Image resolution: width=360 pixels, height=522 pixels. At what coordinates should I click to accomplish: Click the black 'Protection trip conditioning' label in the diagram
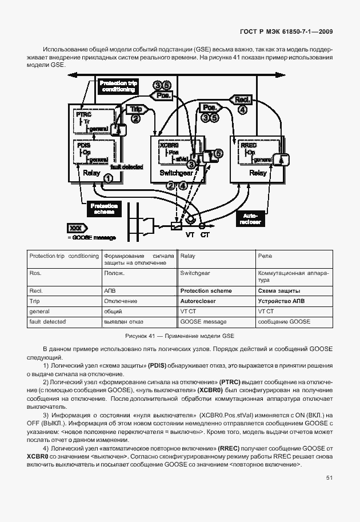[x=118, y=86]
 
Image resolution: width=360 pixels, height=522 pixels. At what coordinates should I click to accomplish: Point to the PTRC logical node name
[x=84, y=115]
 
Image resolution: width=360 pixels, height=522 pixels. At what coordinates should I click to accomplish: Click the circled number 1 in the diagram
[x=107, y=178]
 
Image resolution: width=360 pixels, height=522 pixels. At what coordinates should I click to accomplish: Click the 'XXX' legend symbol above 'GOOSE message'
[x=75, y=228]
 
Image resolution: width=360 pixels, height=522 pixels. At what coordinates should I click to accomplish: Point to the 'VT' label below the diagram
[x=189, y=234]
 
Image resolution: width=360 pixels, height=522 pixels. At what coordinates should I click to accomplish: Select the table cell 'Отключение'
[x=120, y=301]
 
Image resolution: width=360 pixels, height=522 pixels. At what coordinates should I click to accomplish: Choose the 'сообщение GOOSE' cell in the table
[x=284, y=322]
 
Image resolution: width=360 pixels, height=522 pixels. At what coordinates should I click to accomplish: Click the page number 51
[x=329, y=477]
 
